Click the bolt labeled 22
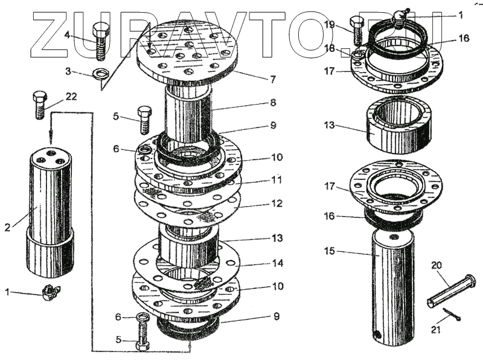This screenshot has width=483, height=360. pos(40,104)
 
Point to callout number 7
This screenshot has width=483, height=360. pos(273,79)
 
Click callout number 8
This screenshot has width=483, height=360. pos(273,103)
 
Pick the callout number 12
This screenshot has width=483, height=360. pos(276,204)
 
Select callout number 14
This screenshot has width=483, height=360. pos(277,264)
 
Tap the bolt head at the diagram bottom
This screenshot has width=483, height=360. pos(142,346)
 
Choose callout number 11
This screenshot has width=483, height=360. pos(277,181)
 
